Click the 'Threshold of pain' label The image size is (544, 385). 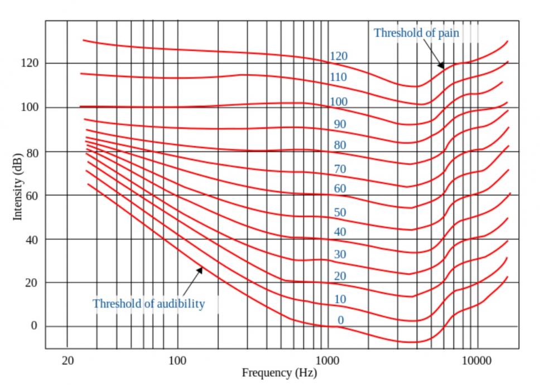(x=416, y=33)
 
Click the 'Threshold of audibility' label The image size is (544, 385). (x=148, y=304)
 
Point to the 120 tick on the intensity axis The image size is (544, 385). (x=30, y=63)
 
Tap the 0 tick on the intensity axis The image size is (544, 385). (x=33, y=326)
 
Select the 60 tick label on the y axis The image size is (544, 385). (x=32, y=195)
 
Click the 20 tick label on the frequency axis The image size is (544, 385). (x=67, y=360)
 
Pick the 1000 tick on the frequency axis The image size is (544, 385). (x=328, y=360)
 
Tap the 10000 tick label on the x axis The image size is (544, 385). (x=477, y=360)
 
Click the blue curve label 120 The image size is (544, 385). (x=338, y=56)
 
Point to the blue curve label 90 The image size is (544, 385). (x=340, y=124)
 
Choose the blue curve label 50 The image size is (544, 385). (x=340, y=212)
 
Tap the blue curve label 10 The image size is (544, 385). (x=340, y=300)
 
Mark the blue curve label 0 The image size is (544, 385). (x=340, y=320)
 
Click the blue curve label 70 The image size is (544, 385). (x=340, y=169)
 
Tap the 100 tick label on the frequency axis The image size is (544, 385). (x=177, y=360)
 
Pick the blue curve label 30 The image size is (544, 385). (x=340, y=255)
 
